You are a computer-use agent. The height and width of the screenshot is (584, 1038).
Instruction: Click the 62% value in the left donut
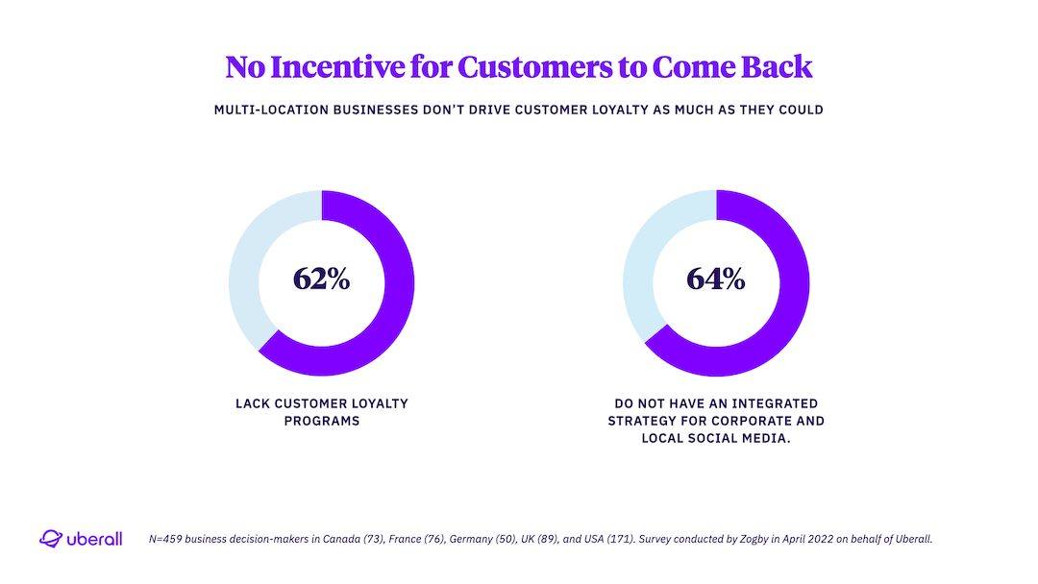point(321,280)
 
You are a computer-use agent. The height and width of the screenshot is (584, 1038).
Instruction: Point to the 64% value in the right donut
point(716,280)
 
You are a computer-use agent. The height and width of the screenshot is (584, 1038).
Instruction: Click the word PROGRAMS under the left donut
point(321,422)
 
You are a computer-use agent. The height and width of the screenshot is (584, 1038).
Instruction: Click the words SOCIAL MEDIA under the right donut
point(747,439)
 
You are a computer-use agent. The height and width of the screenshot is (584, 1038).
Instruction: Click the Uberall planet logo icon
point(50,539)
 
